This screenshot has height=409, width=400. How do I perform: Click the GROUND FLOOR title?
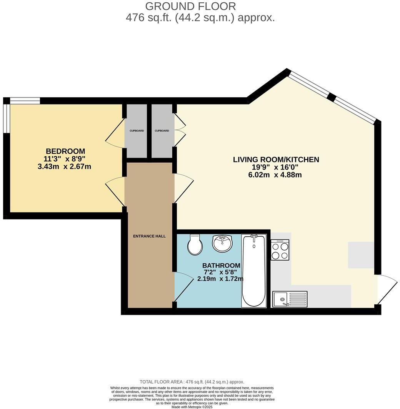tap(190, 6)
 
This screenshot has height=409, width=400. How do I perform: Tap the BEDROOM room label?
tap(65, 151)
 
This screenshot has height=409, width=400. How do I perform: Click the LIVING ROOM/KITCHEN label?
tap(276, 159)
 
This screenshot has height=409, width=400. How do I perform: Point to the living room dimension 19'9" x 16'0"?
tap(276, 167)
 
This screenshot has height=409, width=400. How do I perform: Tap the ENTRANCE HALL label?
tap(149, 236)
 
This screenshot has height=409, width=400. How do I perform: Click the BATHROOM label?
tap(221, 265)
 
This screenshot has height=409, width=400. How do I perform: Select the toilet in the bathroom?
tap(195, 245)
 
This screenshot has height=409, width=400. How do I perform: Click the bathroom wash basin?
tap(222, 243)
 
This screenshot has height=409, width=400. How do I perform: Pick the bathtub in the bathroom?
tap(253, 271)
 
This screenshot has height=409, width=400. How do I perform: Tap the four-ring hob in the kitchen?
tap(280, 250)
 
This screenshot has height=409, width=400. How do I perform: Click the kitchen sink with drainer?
tap(290, 299)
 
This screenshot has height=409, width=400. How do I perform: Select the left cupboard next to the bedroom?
tap(137, 131)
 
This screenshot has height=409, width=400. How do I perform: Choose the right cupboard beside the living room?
tap(162, 131)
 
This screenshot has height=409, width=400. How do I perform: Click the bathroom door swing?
tap(183, 286)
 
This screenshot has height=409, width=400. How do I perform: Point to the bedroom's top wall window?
tap(25, 101)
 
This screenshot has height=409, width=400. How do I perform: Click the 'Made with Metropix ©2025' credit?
tap(200, 407)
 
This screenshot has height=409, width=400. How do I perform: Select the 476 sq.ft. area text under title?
tap(200, 18)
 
